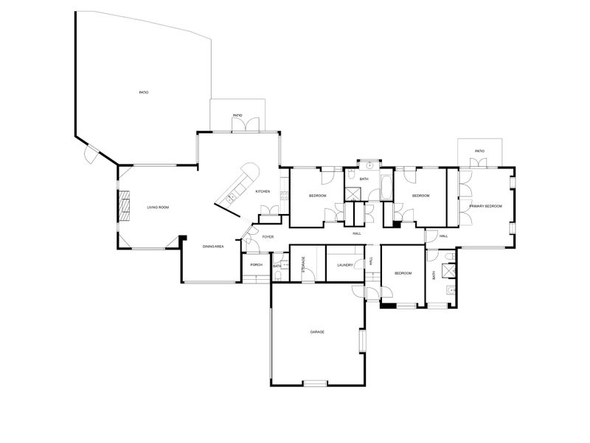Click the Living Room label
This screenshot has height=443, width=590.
(158, 207)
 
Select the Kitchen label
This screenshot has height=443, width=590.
(263, 191)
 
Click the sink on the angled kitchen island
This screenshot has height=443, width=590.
(231, 196)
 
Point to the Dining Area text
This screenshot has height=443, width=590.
(213, 246)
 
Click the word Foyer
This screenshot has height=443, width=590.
(268, 237)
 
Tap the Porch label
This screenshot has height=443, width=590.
(257, 264)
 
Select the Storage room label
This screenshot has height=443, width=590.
(303, 265)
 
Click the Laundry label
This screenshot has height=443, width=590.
(343, 264)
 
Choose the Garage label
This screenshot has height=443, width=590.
(317, 332)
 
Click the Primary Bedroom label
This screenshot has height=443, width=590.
(485, 206)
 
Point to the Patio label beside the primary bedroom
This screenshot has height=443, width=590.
(479, 151)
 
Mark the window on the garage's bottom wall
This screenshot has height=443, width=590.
(315, 382)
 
